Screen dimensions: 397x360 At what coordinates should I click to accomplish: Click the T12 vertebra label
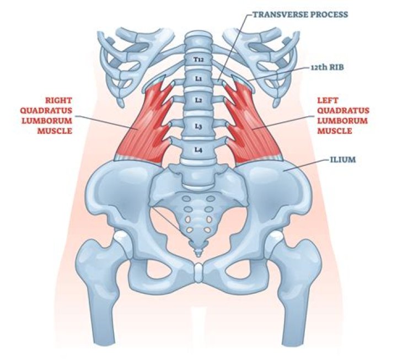click(198, 60)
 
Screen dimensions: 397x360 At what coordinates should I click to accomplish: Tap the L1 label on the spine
click(198, 79)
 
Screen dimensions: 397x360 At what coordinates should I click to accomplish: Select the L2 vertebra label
click(198, 100)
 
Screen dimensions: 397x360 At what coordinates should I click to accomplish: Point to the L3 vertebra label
click(198, 126)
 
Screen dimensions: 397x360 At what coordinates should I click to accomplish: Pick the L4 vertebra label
click(198, 150)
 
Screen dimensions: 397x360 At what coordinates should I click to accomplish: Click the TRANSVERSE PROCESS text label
click(301, 14)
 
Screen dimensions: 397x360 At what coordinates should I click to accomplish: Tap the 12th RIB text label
click(327, 67)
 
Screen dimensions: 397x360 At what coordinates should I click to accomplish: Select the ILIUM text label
click(343, 160)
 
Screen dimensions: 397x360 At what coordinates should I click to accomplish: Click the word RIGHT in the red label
click(58, 100)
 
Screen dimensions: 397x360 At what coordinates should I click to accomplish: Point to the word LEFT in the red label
click(328, 100)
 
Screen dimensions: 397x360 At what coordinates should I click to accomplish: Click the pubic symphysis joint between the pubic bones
click(198, 273)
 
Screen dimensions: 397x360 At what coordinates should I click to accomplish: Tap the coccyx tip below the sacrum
click(198, 254)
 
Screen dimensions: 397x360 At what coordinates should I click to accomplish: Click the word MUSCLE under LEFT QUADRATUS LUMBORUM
click(335, 131)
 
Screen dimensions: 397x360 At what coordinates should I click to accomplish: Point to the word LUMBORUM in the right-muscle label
click(47, 121)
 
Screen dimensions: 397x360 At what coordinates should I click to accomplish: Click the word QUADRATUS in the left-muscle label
click(344, 111)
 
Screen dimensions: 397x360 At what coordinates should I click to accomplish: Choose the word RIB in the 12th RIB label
click(337, 67)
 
